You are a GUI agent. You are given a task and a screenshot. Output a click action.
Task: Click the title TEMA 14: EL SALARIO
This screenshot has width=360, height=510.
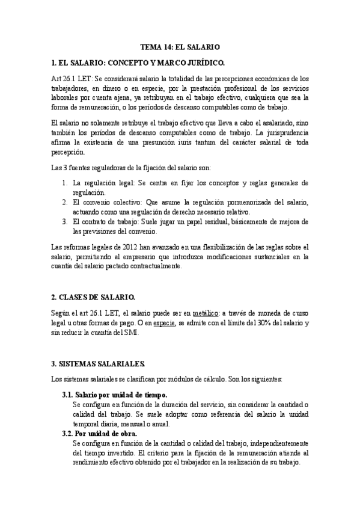pyautogui.click(x=180, y=46)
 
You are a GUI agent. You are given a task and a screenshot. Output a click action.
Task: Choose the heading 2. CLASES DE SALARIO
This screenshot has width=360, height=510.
pyautogui.click(x=93, y=297)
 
